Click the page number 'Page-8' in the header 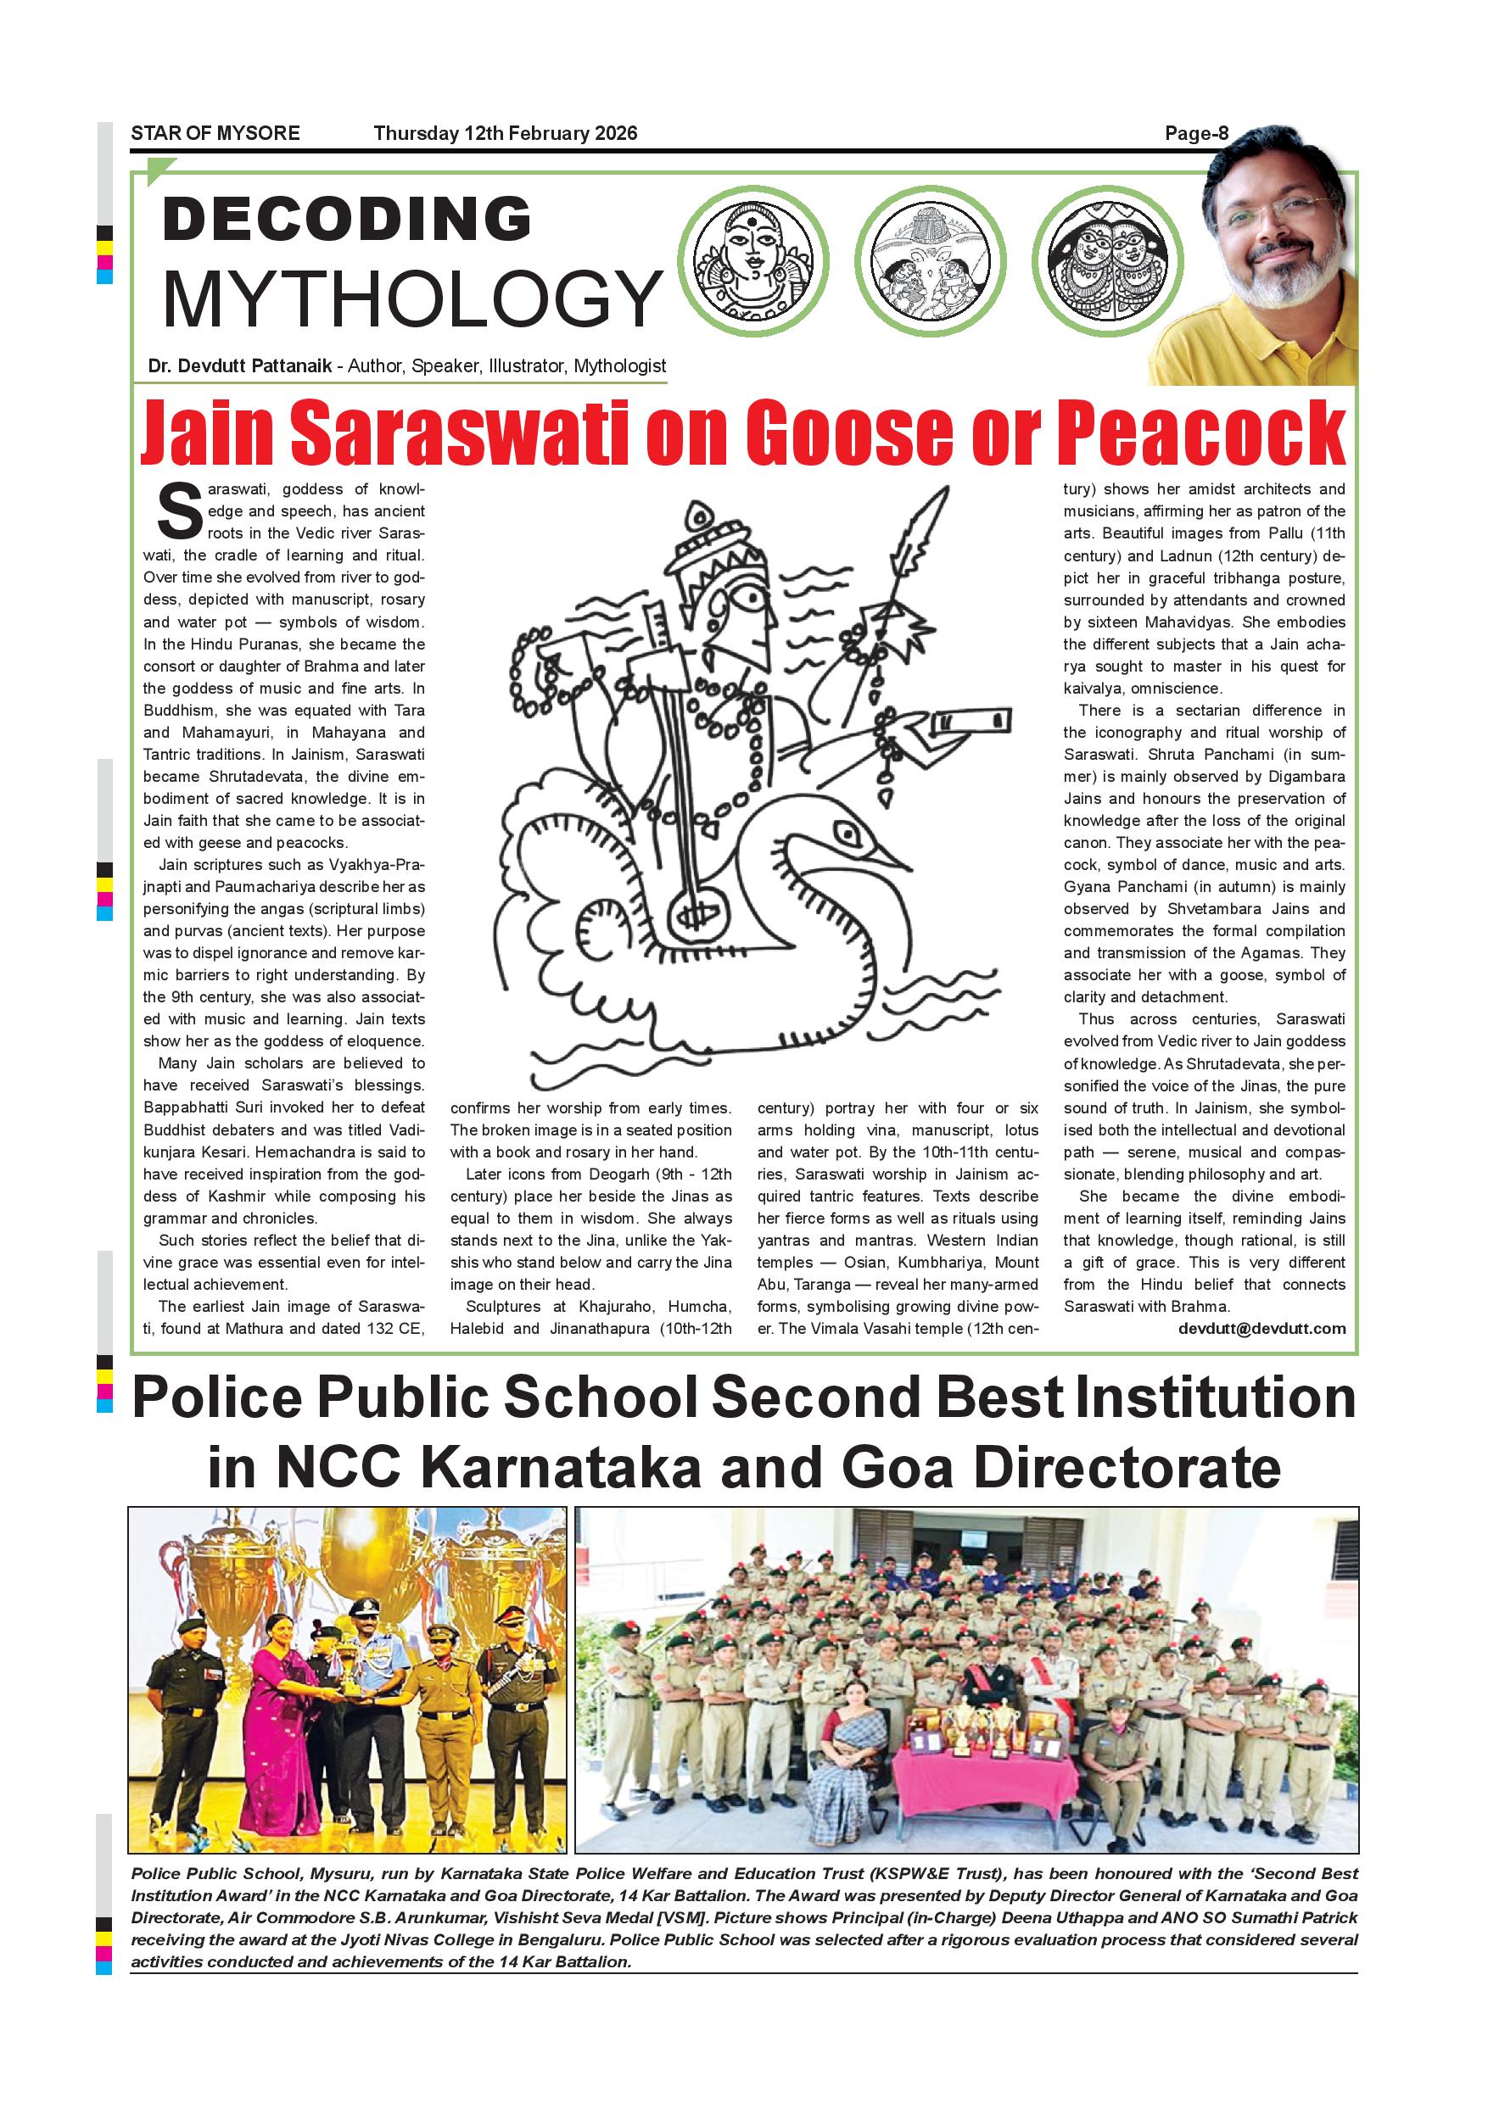tap(1195, 134)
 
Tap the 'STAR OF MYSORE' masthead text tap(215, 134)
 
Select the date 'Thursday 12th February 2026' tap(505, 134)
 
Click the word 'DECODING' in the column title tap(347, 219)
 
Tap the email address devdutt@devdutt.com tap(1261, 1328)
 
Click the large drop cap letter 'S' tap(180, 512)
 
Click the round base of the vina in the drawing tap(696, 912)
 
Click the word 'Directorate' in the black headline tap(1126, 1468)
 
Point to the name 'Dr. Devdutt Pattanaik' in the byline tap(240, 366)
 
